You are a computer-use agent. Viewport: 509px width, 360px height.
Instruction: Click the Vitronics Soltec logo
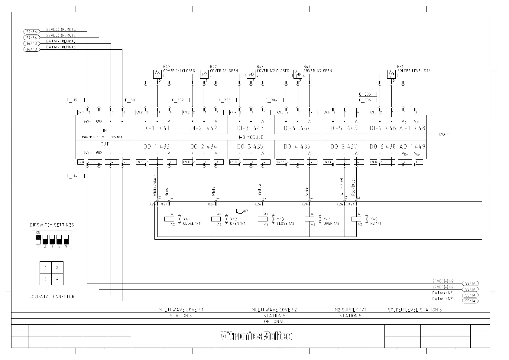256,336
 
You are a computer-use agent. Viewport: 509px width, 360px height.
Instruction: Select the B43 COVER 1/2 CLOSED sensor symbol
251,74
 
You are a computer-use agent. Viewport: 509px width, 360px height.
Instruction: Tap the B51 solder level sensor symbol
391,74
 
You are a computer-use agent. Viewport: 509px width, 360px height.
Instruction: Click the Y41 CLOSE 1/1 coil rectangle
169,219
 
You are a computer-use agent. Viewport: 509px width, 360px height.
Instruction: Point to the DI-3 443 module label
250,128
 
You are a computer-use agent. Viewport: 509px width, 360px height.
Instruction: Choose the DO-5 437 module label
344,147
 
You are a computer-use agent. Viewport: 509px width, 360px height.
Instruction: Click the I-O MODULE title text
251,137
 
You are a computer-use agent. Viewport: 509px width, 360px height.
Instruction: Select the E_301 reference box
134,100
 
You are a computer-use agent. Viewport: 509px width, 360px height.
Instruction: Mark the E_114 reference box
76,176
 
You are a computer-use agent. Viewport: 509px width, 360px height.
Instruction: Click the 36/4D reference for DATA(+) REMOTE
31,43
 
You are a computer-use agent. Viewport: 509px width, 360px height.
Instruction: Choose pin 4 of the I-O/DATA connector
57,279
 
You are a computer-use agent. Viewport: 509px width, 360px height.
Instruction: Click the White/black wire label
155,185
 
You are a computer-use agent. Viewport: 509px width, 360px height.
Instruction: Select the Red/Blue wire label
353,188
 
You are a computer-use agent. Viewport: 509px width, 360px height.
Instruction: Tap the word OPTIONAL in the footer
274,322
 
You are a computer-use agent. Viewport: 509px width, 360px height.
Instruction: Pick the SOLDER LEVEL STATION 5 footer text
414,310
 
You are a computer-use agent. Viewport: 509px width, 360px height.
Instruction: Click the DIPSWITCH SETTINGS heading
52,225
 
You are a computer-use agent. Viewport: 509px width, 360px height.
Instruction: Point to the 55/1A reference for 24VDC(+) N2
470,283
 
